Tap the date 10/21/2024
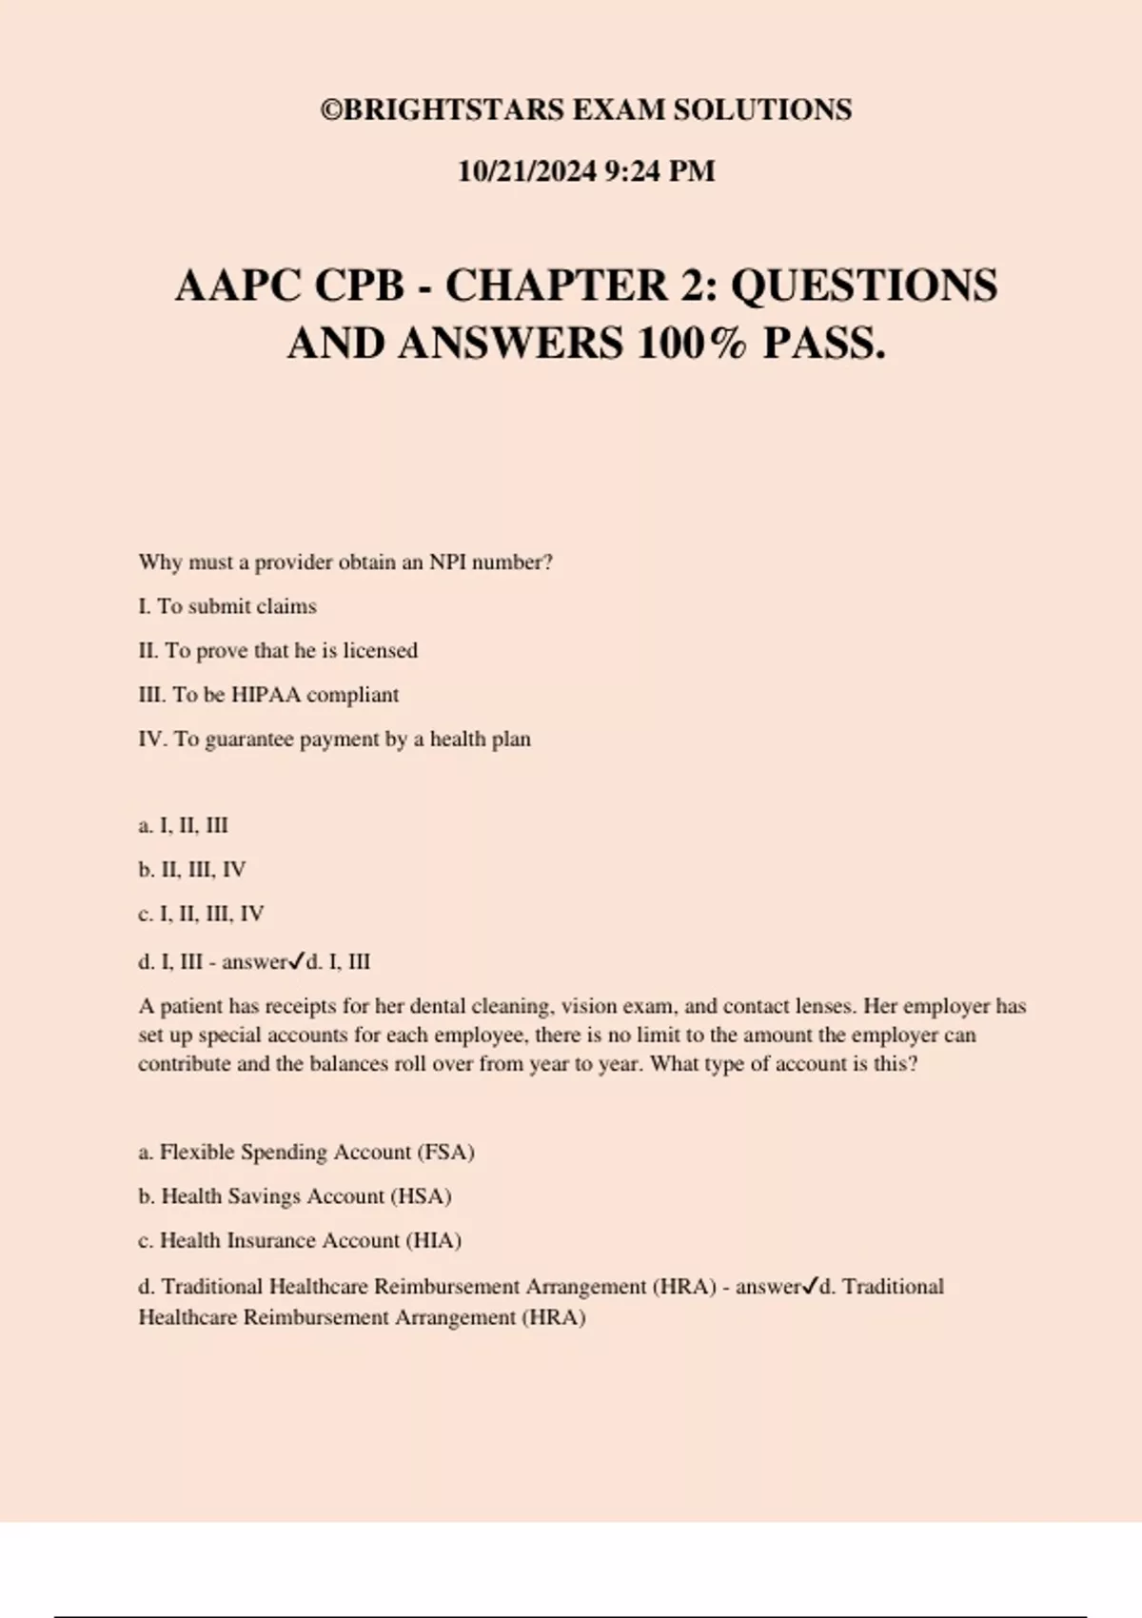527,171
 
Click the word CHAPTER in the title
557,286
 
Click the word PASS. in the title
824,344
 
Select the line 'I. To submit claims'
227,606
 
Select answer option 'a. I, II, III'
183,825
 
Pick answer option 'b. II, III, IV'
191,870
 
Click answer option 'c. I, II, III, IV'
201,914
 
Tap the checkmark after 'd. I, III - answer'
296,960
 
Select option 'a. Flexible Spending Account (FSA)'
306,1153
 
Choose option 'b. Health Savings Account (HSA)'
295,1196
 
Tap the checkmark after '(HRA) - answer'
810,1286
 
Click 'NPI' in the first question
447,562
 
